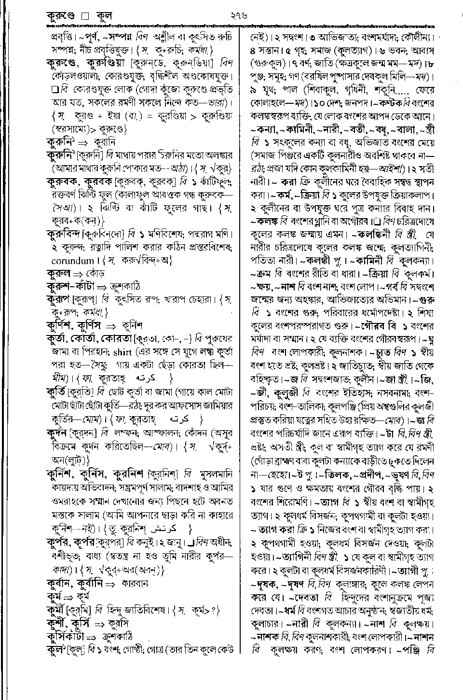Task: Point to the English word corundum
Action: click(x=72, y=261)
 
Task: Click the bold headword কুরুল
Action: click(x=62, y=274)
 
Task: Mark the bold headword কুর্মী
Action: click(x=57, y=609)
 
